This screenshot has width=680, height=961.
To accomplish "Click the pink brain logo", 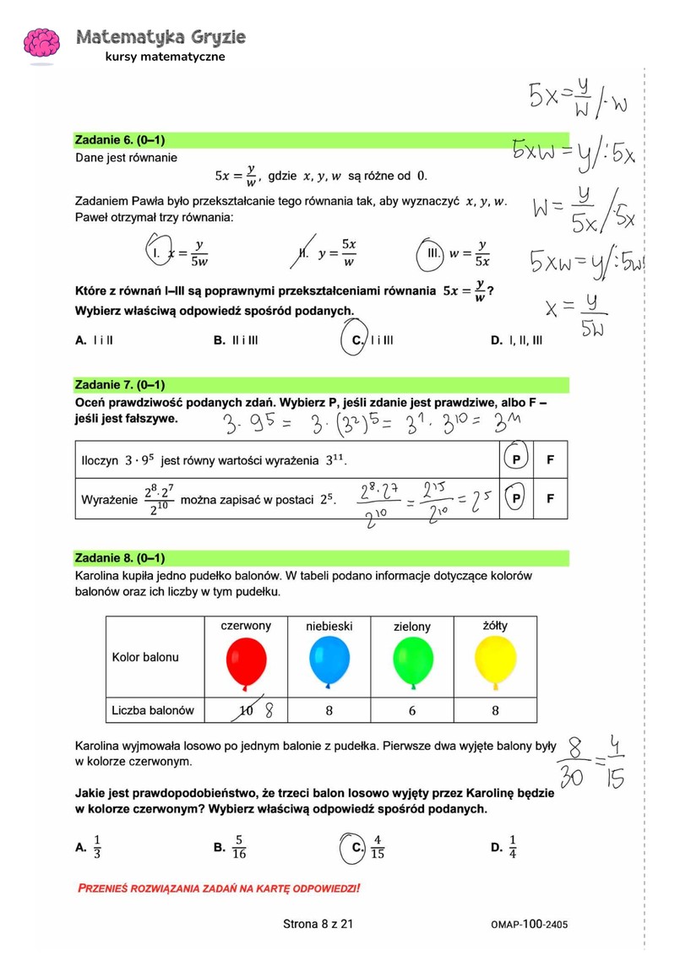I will (x=41, y=44).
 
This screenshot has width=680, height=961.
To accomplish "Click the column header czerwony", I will (x=246, y=626).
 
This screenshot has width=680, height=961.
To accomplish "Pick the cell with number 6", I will (x=412, y=711).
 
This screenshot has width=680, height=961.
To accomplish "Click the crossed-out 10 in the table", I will (x=246, y=711).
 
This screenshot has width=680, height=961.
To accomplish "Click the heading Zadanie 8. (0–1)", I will (x=120, y=558).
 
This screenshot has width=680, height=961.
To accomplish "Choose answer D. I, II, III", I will (x=516, y=340).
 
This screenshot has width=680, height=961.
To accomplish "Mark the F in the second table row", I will (x=551, y=499).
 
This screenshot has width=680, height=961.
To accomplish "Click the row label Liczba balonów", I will (x=153, y=711).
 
